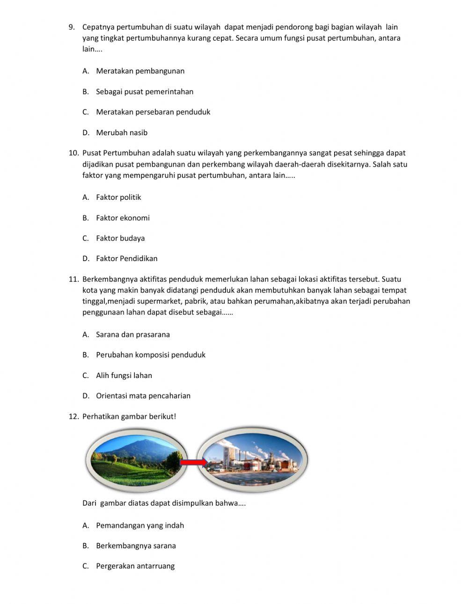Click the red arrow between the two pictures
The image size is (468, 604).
(x=193, y=462)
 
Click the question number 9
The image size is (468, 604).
(x=72, y=27)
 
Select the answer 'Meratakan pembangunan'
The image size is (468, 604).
(x=140, y=71)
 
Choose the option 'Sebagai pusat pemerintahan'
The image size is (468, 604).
(x=144, y=92)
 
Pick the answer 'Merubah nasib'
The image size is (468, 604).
(x=121, y=132)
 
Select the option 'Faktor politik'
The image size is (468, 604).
(x=118, y=197)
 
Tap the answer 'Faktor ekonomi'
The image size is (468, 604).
(x=123, y=218)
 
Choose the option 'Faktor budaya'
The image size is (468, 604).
(x=120, y=238)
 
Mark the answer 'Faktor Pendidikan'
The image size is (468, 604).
(x=126, y=258)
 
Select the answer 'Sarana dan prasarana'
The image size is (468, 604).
(x=132, y=335)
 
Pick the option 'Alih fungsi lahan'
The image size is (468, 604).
(x=124, y=375)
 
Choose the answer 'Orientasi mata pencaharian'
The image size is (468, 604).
(x=143, y=396)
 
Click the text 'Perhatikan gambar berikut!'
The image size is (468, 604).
(x=129, y=416)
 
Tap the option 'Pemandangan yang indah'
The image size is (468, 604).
(x=139, y=525)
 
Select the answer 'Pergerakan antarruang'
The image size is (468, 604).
(x=135, y=566)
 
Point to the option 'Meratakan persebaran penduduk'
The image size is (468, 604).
(x=153, y=112)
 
